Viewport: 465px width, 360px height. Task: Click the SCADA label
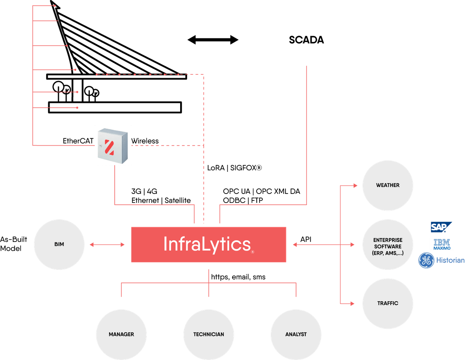point(306,40)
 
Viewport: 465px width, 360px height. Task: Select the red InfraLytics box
point(208,244)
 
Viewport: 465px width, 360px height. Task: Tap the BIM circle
point(59,244)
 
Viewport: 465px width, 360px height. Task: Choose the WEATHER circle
point(387,185)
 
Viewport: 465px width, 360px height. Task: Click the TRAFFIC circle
point(387,303)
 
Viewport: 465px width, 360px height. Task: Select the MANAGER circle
point(121,334)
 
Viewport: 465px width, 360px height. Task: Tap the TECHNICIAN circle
point(208,334)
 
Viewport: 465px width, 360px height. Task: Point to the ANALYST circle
point(296,334)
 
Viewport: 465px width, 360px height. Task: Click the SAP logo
point(441,227)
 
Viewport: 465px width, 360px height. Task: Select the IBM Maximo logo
point(441,244)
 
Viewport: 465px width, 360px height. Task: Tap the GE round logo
point(426,261)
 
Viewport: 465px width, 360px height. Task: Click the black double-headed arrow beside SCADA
point(213,40)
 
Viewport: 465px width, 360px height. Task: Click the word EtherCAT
point(78,141)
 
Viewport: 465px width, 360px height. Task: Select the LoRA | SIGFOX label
point(235,168)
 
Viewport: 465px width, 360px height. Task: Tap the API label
point(306,240)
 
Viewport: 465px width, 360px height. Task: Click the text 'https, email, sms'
point(238,277)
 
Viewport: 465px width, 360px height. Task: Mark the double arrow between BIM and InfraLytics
point(107,244)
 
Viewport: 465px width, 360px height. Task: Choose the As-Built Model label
point(14,244)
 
